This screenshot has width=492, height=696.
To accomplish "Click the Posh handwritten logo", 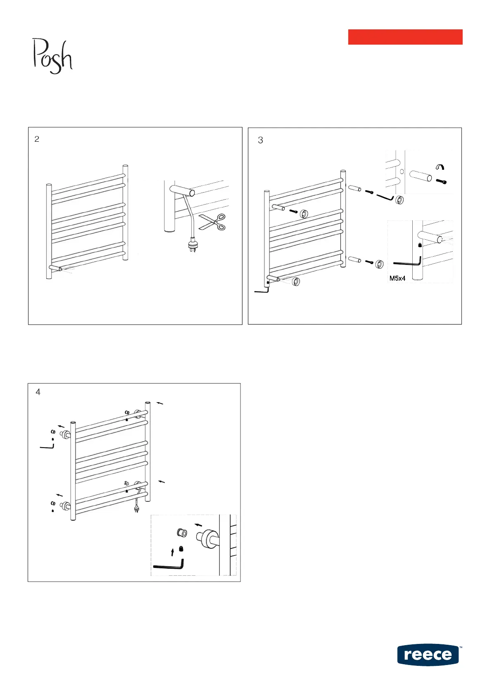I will [x=52, y=56].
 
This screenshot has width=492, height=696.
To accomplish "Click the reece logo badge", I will [x=428, y=655].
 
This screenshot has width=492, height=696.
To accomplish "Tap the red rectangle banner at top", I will [x=405, y=37].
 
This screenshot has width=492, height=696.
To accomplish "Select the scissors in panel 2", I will [x=212, y=222].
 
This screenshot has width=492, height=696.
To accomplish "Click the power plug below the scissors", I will [x=192, y=247].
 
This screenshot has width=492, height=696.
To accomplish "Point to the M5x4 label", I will [x=397, y=279].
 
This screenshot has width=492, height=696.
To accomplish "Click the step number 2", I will [x=37, y=139].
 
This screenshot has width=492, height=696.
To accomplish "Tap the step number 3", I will [x=260, y=141].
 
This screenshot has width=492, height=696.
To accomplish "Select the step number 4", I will [x=38, y=392].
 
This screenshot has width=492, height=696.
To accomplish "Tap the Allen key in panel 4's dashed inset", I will [x=169, y=565].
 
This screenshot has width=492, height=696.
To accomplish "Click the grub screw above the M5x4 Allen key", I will [x=420, y=245].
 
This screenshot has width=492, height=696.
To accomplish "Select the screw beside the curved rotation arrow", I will [x=441, y=181].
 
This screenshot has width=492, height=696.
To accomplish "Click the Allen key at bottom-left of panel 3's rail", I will [x=261, y=291].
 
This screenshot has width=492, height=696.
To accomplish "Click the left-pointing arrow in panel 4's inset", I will [x=199, y=524].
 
